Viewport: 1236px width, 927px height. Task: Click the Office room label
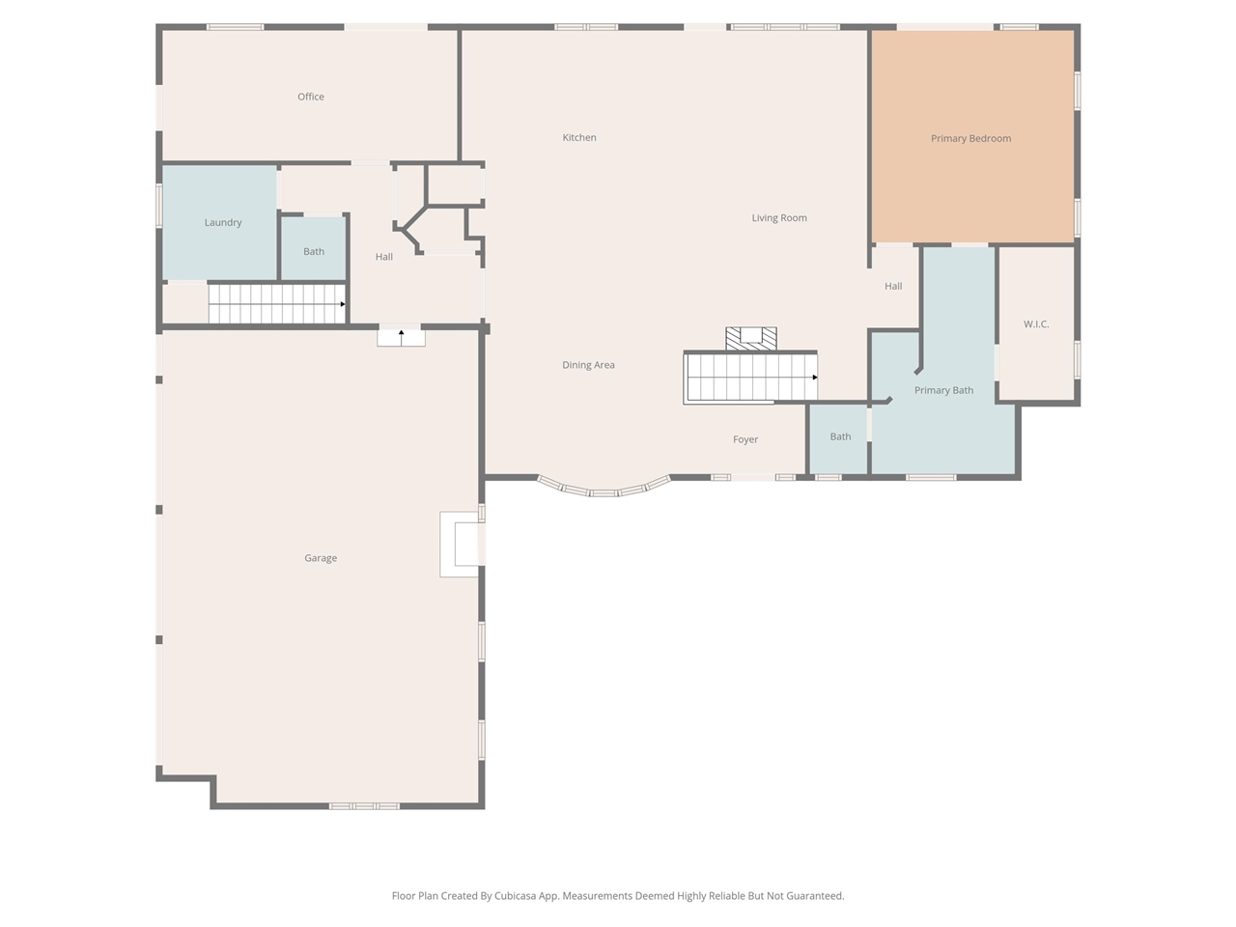click(x=311, y=97)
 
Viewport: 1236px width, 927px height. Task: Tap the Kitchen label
click(x=579, y=138)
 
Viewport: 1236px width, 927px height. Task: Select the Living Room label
click(x=779, y=218)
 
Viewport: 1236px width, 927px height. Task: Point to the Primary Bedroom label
click(x=970, y=139)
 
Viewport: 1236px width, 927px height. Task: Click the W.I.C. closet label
click(x=1036, y=324)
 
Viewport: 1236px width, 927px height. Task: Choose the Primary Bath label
click(x=943, y=391)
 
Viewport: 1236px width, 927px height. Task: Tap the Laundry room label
click(x=223, y=223)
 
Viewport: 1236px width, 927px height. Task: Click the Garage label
click(x=321, y=558)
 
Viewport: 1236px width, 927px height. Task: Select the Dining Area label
click(x=588, y=365)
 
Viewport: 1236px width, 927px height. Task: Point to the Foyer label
click(x=745, y=439)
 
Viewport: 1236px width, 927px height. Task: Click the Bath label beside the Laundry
click(x=314, y=252)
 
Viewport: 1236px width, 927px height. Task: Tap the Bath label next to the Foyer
click(x=840, y=437)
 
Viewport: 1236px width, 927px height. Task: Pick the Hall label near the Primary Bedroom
click(x=893, y=287)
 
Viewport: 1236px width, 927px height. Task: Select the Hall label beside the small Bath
click(x=384, y=257)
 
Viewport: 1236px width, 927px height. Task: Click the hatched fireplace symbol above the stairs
click(x=751, y=338)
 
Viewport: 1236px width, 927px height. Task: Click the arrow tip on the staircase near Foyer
click(x=815, y=378)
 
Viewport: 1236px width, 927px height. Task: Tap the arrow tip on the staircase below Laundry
click(x=343, y=304)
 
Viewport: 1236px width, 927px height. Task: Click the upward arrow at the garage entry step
click(x=402, y=332)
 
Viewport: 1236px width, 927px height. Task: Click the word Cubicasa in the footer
click(x=516, y=896)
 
